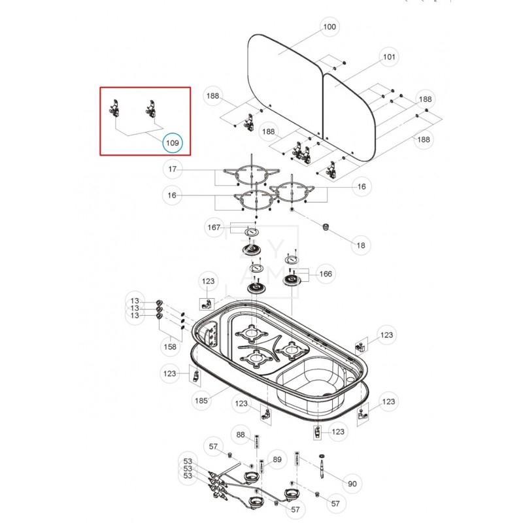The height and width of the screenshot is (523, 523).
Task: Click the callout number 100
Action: tap(329, 27)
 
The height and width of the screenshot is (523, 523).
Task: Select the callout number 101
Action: tap(389, 57)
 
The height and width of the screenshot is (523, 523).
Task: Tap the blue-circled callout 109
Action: tap(173, 142)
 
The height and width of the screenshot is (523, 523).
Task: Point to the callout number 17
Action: tap(173, 170)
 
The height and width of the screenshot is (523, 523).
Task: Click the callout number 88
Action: tap(241, 435)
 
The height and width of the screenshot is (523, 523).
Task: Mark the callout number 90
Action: tap(352, 484)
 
